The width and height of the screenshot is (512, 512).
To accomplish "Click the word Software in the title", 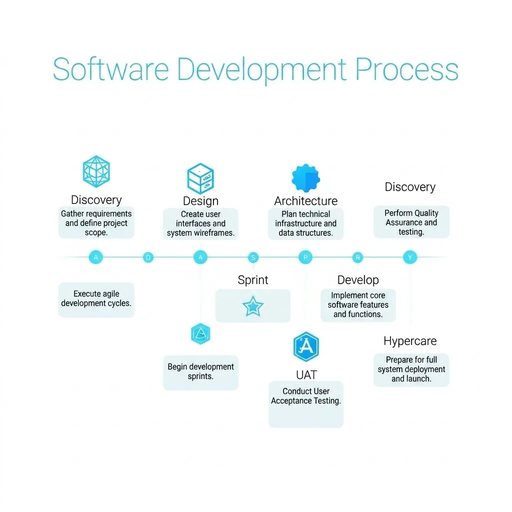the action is point(111,69).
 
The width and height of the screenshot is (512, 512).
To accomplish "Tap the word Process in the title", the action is point(407,69).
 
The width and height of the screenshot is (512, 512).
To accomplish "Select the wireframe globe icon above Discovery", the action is point(96,171).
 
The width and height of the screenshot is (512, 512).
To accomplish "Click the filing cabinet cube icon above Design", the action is point(200,178).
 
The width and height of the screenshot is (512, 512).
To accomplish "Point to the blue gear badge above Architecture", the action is point(305,178).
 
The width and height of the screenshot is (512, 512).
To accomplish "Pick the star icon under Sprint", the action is point(252,306).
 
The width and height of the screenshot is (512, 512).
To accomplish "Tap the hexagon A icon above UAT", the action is point(306,346).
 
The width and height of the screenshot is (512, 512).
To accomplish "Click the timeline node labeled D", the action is point(148,257).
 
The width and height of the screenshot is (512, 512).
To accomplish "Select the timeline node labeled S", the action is point(253,257).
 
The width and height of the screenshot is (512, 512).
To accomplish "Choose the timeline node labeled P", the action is point(305,257).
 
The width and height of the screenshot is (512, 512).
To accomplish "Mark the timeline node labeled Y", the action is point(410,257).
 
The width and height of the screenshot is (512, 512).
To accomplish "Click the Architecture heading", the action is point(306,201).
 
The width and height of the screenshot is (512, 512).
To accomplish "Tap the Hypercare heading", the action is point(410,341).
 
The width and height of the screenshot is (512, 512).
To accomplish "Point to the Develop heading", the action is point(358,280).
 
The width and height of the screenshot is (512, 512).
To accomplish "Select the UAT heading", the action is point(306,375).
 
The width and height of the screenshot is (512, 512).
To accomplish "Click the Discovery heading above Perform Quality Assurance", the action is point(410,187).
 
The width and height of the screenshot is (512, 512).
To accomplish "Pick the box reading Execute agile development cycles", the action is point(96,300).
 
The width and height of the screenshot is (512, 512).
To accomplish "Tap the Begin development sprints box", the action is point(200,372).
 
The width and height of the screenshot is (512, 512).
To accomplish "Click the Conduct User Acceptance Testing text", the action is point(306,396).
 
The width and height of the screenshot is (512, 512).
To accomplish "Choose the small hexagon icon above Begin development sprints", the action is point(200,333).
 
